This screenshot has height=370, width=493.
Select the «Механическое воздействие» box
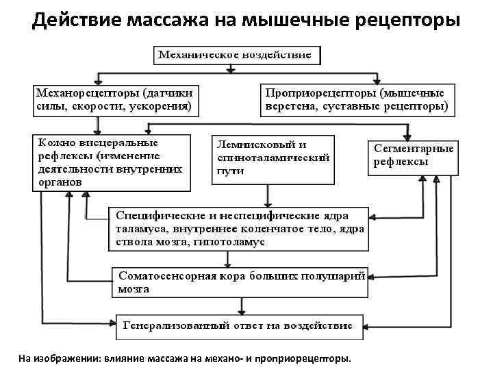click(x=236, y=53)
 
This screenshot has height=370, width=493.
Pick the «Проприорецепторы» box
click(x=355, y=99)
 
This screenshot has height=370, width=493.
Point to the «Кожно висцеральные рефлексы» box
click(x=110, y=162)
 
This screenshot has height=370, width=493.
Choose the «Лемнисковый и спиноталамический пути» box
click(x=272, y=159)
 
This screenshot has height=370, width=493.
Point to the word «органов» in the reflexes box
click(x=60, y=182)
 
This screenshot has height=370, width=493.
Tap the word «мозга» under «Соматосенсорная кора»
click(x=134, y=289)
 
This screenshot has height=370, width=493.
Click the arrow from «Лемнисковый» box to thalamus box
click(x=268, y=195)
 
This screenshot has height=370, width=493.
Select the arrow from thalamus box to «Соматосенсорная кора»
click(x=227, y=259)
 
